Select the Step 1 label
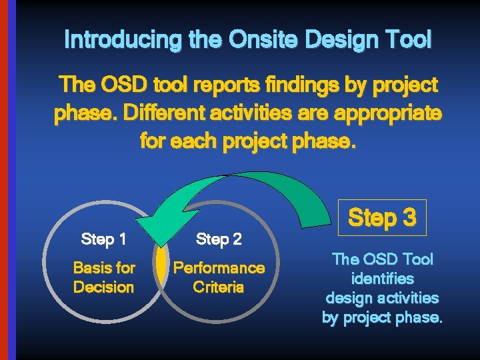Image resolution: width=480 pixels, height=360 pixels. tap(103, 238)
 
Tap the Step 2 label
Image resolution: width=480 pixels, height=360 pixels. tap(219, 239)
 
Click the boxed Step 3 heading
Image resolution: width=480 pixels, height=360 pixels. tap(382, 217)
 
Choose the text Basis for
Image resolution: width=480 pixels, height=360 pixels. tap(103, 268)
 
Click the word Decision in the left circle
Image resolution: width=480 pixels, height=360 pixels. tap(103, 287)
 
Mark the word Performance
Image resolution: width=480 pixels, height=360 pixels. tap(219, 268)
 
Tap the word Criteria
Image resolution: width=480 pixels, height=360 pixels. tap(219, 287)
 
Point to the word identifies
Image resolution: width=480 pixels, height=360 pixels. tap(382, 278)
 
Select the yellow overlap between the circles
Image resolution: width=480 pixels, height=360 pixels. tap(161, 265)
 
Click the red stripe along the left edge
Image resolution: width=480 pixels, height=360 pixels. tap(3, 180)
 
